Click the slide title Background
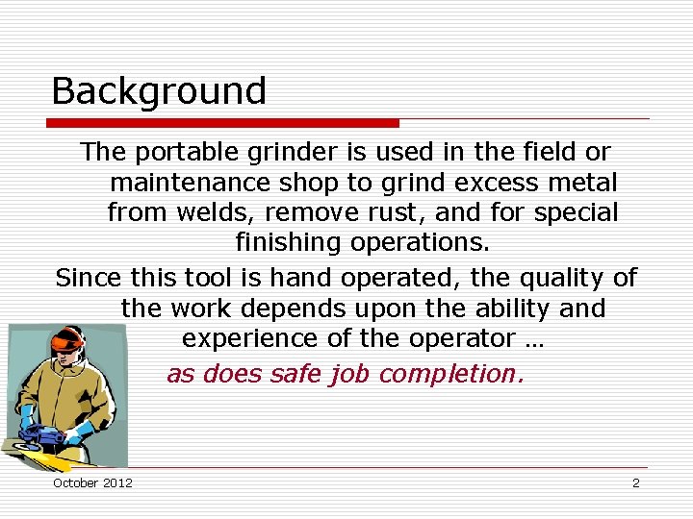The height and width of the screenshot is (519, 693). (158, 91)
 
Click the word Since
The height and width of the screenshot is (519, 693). (88, 279)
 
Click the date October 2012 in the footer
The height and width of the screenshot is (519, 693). (92, 482)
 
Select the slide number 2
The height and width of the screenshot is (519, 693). (635, 482)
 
